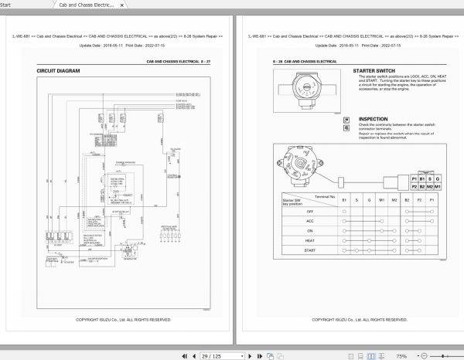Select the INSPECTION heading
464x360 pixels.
(x=374, y=119)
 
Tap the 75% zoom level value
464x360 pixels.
(x=401, y=355)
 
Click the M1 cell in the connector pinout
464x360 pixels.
(x=438, y=186)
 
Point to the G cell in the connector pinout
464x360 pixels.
(x=438, y=178)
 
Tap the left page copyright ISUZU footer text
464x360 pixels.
(x=123, y=319)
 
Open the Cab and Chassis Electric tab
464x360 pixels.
(x=86, y=5)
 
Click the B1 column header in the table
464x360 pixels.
(x=343, y=199)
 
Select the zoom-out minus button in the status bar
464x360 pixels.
(x=418, y=355)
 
